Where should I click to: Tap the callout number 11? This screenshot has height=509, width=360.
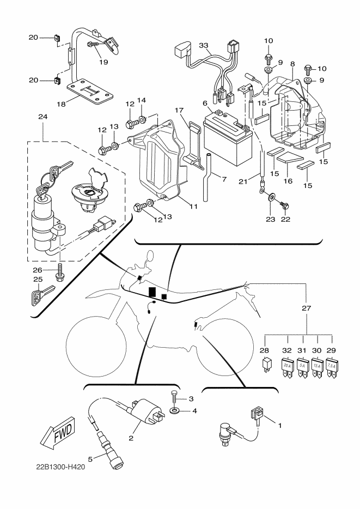[193, 206]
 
